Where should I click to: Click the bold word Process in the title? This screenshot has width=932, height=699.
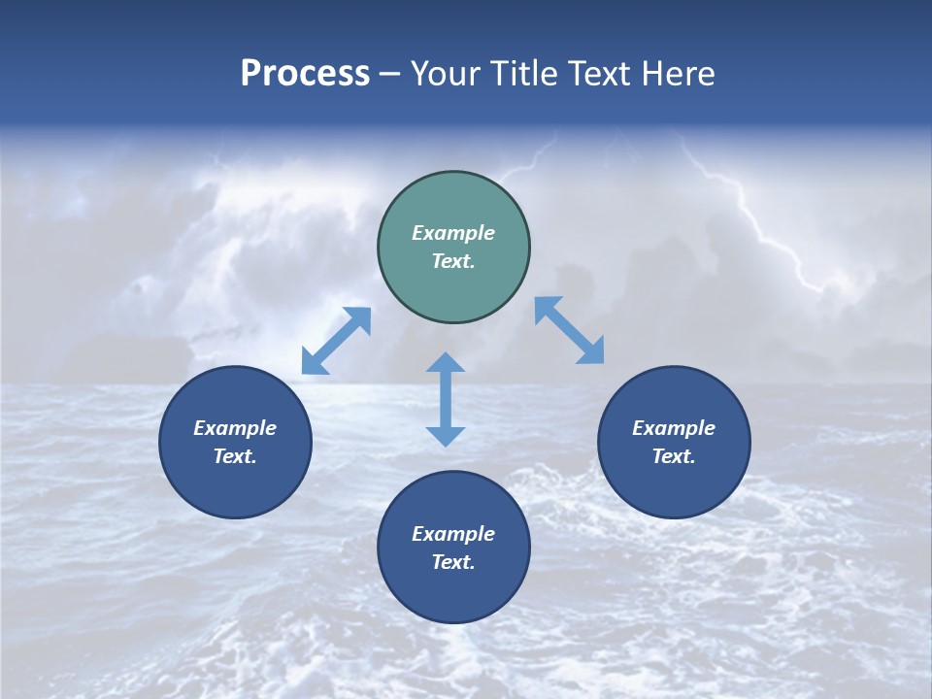click(x=305, y=74)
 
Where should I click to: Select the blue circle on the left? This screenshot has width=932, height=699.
click(x=235, y=485)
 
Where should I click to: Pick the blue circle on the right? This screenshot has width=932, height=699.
click(x=674, y=485)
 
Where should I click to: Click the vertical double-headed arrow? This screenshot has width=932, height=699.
click(x=446, y=399)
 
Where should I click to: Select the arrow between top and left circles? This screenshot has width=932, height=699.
click(x=336, y=341)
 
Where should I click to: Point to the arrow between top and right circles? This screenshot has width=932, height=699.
click(x=570, y=330)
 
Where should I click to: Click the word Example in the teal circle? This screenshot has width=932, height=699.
click(x=453, y=233)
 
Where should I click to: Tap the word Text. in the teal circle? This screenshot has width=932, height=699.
click(x=453, y=261)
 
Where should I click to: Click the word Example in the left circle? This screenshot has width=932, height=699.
click(x=235, y=428)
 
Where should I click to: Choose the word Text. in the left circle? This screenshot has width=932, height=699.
click(x=235, y=456)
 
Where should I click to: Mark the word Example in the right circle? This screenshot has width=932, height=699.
click(x=674, y=428)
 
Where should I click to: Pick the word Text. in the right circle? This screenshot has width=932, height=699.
click(x=674, y=456)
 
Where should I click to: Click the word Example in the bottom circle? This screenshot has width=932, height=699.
click(x=453, y=534)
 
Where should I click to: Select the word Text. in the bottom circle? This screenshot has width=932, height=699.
click(x=453, y=562)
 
